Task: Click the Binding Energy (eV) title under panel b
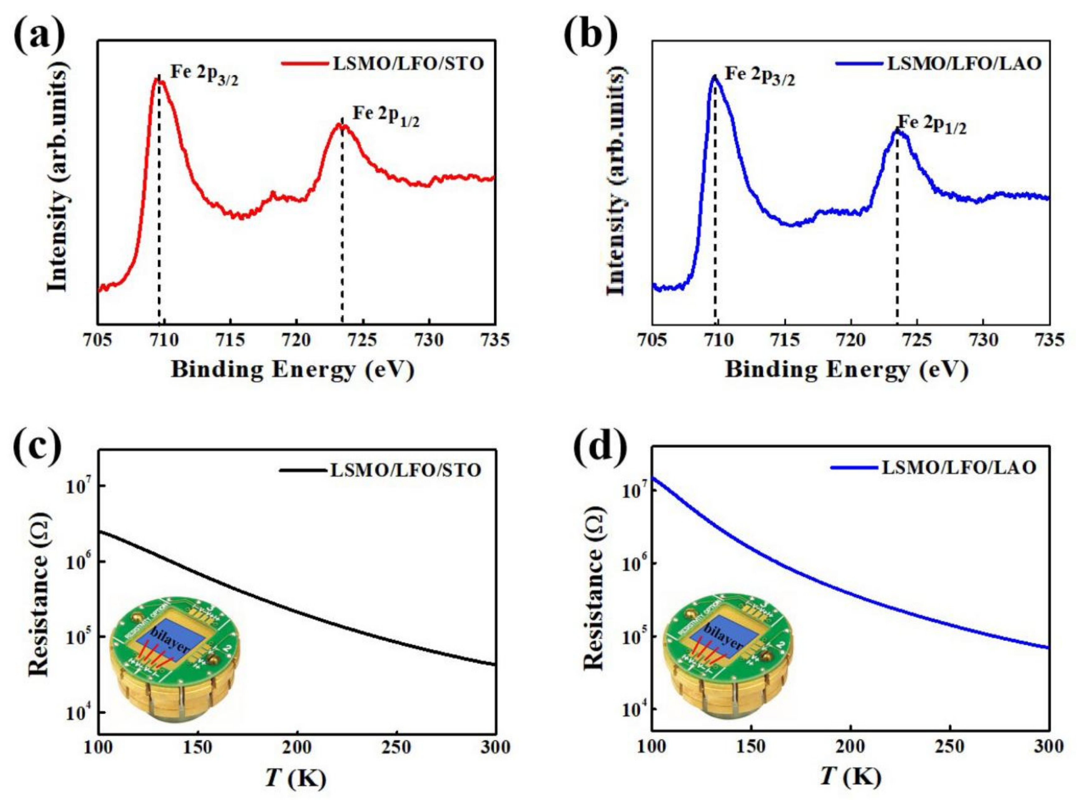pos(846,370)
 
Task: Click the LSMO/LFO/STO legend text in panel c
pos(406,470)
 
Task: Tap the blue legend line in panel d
pos(854,468)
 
